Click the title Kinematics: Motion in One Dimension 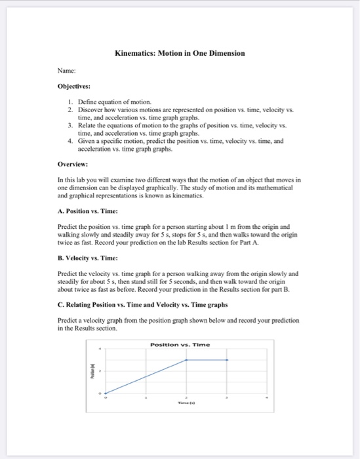pyautogui.click(x=180, y=52)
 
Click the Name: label pyautogui.click(x=68, y=69)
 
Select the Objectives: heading pyautogui.click(x=73, y=85)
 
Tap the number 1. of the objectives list pyautogui.click(x=71, y=102)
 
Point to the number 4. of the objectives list pyautogui.click(x=71, y=142)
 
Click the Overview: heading pyautogui.click(x=72, y=166)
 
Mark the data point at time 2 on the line pyautogui.click(x=187, y=360)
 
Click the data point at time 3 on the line pyautogui.click(x=227, y=360)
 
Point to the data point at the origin pyautogui.click(x=106, y=393)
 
